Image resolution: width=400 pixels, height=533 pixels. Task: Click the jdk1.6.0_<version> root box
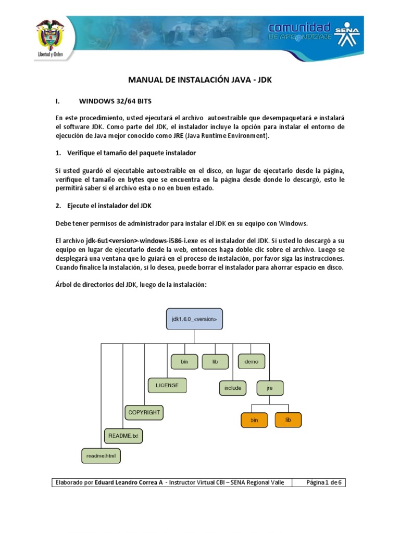pyautogui.click(x=194, y=318)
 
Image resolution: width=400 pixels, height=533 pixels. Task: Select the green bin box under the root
pyautogui.click(x=184, y=361)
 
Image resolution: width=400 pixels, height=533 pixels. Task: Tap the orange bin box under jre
pyautogui.click(x=254, y=420)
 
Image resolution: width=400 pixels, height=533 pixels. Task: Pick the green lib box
pyautogui.click(x=215, y=361)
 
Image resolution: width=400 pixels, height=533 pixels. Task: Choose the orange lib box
pyautogui.click(x=288, y=420)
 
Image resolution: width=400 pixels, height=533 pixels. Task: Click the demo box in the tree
pyautogui.click(x=252, y=361)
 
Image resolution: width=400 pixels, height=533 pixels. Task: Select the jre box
pyautogui.click(x=270, y=388)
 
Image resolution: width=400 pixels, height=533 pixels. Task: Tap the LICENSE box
pyautogui.click(x=167, y=385)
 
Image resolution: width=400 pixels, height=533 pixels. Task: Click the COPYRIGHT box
pyautogui.click(x=144, y=412)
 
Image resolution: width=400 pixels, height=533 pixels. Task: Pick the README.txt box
pyautogui.click(x=123, y=435)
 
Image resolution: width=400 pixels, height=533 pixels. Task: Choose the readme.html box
pyautogui.click(x=101, y=456)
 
